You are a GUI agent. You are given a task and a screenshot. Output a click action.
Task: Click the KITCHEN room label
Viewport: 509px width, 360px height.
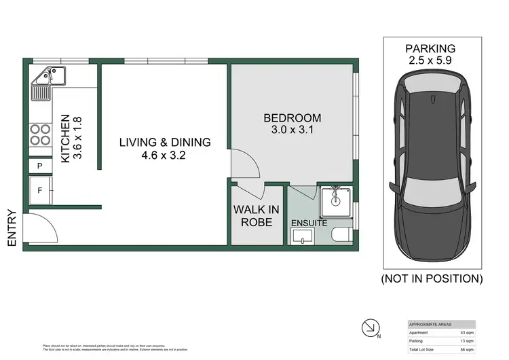71,137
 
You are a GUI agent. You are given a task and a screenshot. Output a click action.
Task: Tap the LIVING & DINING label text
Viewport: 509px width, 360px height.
165,148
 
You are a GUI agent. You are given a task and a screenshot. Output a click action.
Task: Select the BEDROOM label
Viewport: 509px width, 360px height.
292,124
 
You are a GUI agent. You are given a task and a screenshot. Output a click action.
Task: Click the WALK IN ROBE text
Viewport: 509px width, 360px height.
252,216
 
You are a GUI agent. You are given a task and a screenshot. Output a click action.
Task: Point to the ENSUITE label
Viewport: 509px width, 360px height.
309,223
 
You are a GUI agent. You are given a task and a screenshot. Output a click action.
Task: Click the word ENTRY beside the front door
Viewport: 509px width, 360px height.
12,227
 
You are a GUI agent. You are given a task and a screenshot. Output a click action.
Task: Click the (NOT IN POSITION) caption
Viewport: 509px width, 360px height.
432,278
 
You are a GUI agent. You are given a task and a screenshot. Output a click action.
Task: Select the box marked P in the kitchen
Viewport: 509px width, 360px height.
40,166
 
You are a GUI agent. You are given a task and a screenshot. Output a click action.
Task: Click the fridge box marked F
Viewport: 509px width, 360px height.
40,190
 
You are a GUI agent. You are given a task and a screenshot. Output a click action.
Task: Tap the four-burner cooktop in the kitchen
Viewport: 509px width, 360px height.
41,134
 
